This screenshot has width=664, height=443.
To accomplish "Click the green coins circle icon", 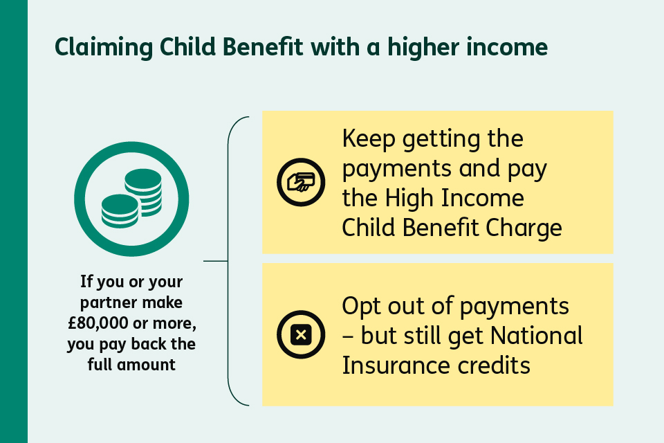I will click(x=131, y=199).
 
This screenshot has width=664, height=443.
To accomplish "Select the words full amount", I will click(x=131, y=364).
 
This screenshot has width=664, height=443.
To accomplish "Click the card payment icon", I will click(x=301, y=182).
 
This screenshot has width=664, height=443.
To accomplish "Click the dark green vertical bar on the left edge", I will click(x=13, y=221).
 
